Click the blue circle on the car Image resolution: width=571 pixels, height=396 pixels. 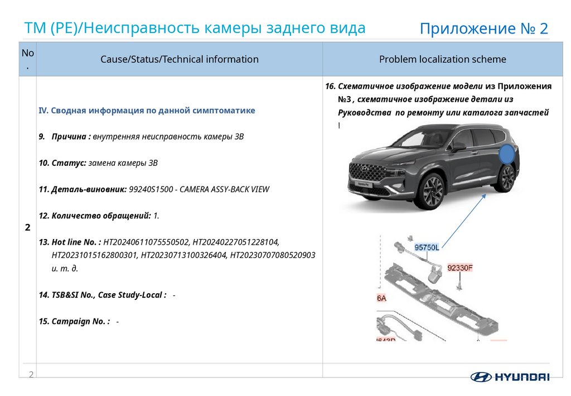pos(506,154)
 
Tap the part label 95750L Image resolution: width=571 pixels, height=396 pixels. pos(427,247)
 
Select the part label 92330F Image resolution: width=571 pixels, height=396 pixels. pos(460,268)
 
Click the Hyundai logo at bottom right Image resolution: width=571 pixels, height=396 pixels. pos(510,376)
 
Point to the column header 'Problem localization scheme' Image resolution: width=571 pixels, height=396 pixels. pos(442,59)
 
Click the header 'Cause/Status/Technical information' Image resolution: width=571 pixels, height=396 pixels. pos(180,59)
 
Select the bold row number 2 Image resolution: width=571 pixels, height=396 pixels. pos(27,227)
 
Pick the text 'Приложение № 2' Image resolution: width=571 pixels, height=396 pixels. pos(483,29)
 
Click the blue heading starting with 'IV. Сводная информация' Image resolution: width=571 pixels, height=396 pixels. pos(147,111)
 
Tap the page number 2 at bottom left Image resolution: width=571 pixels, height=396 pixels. pos(31,374)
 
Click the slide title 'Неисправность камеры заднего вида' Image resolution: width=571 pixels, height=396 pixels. pos(226,28)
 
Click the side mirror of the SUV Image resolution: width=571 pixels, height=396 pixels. pos(458,146)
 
